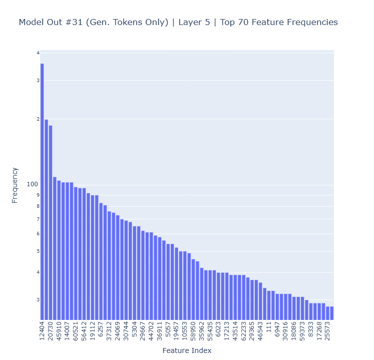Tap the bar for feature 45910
coord(59,250)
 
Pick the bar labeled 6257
coord(101,261)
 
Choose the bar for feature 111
coord(269,305)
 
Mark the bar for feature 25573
coord(327,313)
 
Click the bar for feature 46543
coord(260,301)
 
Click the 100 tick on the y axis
coord(33,184)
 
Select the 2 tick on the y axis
coord(38,119)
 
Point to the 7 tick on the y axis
coord(38,219)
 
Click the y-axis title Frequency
coord(15,185)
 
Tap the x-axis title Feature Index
coord(187,350)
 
